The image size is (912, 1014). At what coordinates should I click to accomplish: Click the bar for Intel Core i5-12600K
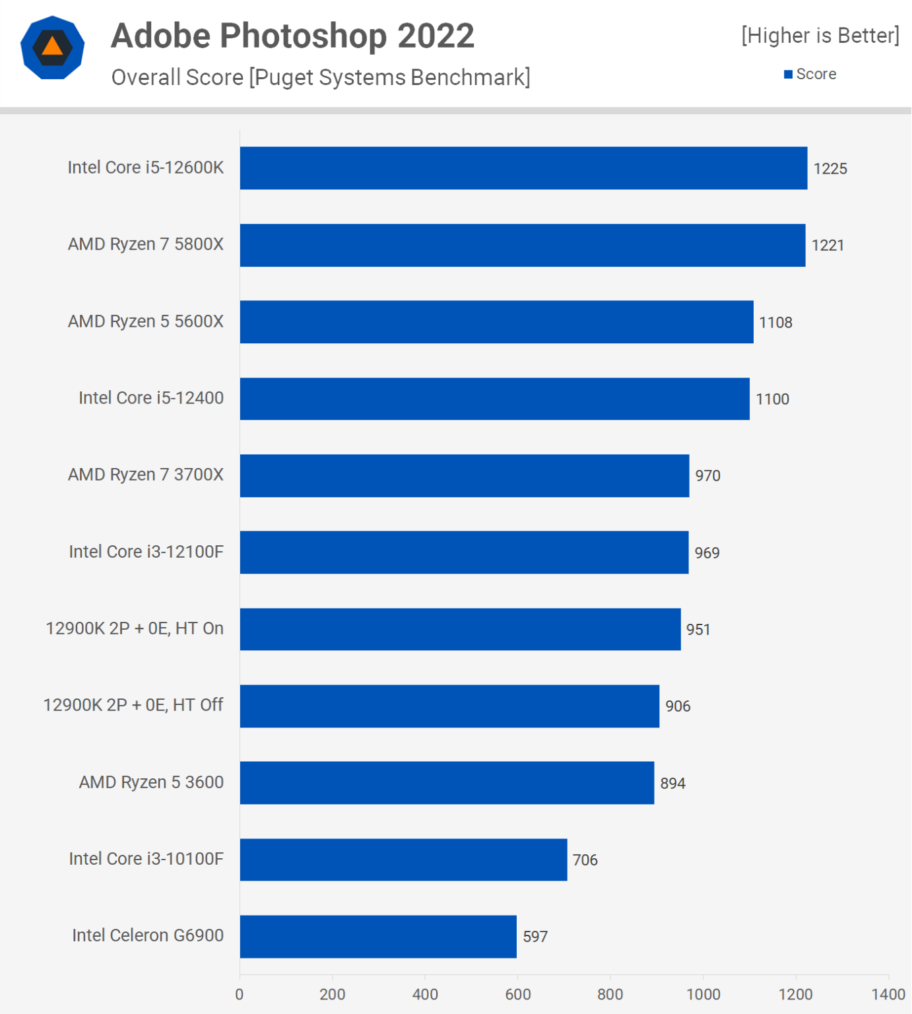tap(523, 168)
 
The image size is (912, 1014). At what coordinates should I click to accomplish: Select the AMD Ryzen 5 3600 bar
tap(447, 783)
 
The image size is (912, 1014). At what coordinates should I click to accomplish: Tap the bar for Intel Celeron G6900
tap(378, 936)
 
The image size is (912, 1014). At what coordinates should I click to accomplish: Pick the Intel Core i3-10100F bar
tap(403, 860)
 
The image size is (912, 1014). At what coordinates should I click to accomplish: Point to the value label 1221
tap(828, 246)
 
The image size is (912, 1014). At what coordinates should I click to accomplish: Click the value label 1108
tap(775, 322)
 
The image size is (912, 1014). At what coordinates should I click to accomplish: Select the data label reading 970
tap(707, 476)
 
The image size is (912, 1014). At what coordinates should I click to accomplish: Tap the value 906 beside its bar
tap(678, 706)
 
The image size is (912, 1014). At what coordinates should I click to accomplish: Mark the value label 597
tap(535, 937)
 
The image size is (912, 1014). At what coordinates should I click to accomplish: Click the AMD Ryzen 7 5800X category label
tap(146, 244)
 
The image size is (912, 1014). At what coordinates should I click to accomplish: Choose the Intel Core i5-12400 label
tap(151, 398)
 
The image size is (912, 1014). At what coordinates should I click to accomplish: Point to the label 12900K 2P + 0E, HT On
tap(135, 628)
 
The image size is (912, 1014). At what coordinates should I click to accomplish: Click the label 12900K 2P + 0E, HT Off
tap(133, 705)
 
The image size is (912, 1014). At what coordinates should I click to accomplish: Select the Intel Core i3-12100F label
tap(146, 551)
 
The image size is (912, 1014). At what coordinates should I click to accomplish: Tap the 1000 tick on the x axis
tap(703, 994)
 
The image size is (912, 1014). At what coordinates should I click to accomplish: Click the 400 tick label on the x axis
tap(425, 994)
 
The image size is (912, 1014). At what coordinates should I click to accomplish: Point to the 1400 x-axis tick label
tap(888, 994)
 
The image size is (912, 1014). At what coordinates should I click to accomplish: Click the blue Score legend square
tap(788, 75)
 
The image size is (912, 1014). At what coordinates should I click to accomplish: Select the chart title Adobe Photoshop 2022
tap(292, 36)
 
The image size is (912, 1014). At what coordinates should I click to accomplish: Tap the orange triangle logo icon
tap(52, 47)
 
